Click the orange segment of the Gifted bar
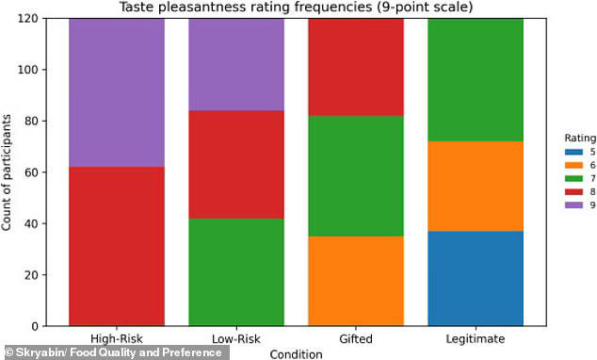coord(356,273)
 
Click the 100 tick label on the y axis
coord(36,70)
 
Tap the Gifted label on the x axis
coord(356,338)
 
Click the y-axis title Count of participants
coord(8,172)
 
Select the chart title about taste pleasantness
coord(296,8)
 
